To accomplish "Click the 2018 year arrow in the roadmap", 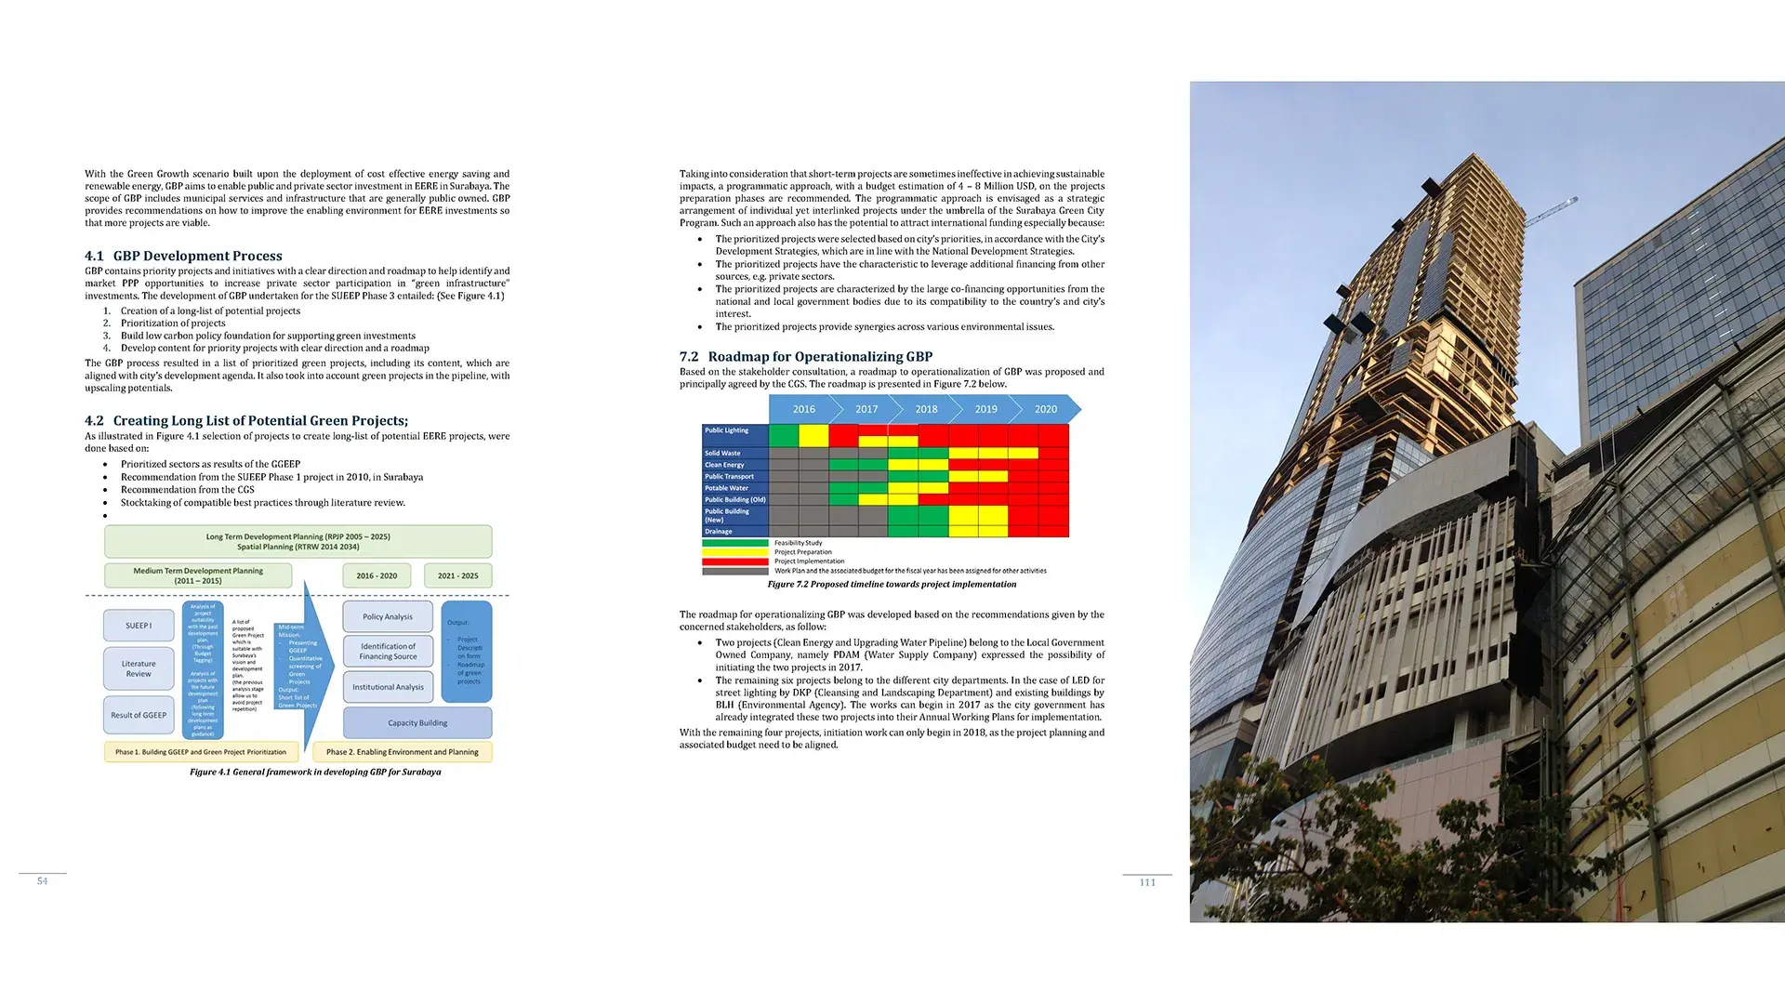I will pos(926,409).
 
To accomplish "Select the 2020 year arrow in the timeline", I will pos(1046,409).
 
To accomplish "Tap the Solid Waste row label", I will pos(723,454).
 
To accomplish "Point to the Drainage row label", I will pos(719,532).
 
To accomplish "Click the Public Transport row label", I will pos(730,477).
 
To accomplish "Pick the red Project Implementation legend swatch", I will pos(734,561).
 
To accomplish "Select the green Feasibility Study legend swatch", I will pos(734,543).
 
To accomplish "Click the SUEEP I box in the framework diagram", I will pos(139,626).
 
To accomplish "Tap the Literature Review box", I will pos(139,668).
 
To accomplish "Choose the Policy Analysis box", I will pos(388,616).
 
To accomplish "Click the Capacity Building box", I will pos(417,722).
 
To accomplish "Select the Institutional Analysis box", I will pos(388,687).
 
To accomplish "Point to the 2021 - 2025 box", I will pos(457,575).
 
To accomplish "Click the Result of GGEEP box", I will pos(139,715).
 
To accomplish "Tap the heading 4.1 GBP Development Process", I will pos(183,256).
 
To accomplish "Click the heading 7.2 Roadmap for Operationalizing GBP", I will pos(805,357).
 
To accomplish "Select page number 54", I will pos(42,881).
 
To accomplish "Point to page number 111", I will pos(1147,882).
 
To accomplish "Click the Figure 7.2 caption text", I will pos(892,585).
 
